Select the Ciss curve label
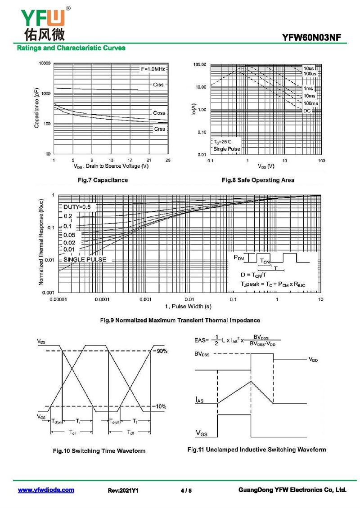click(x=158, y=85)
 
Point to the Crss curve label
click(x=159, y=129)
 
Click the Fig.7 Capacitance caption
click(x=103, y=180)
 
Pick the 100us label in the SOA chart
click(x=310, y=73)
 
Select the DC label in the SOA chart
click(x=307, y=111)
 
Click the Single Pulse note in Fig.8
click(x=226, y=149)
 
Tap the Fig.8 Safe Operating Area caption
click(x=258, y=180)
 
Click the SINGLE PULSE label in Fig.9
click(x=85, y=259)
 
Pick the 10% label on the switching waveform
click(x=161, y=406)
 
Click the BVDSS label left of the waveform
click(x=203, y=354)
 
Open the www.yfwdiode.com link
click(x=46, y=490)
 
